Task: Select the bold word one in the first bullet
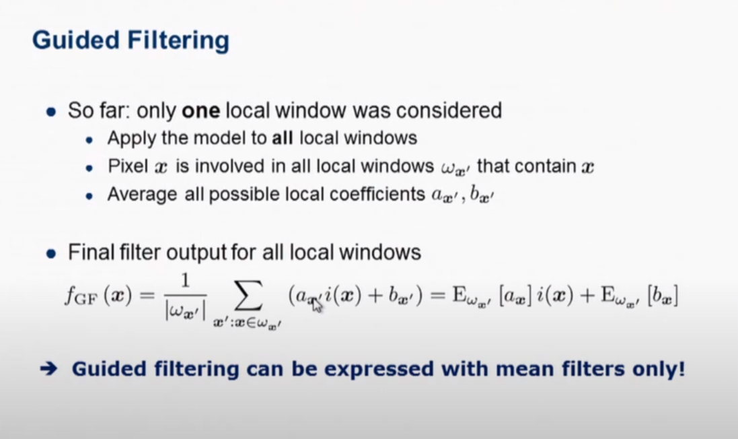[x=201, y=110]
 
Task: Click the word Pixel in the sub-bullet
[x=125, y=166]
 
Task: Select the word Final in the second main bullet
[x=86, y=253]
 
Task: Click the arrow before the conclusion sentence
[x=48, y=370]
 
